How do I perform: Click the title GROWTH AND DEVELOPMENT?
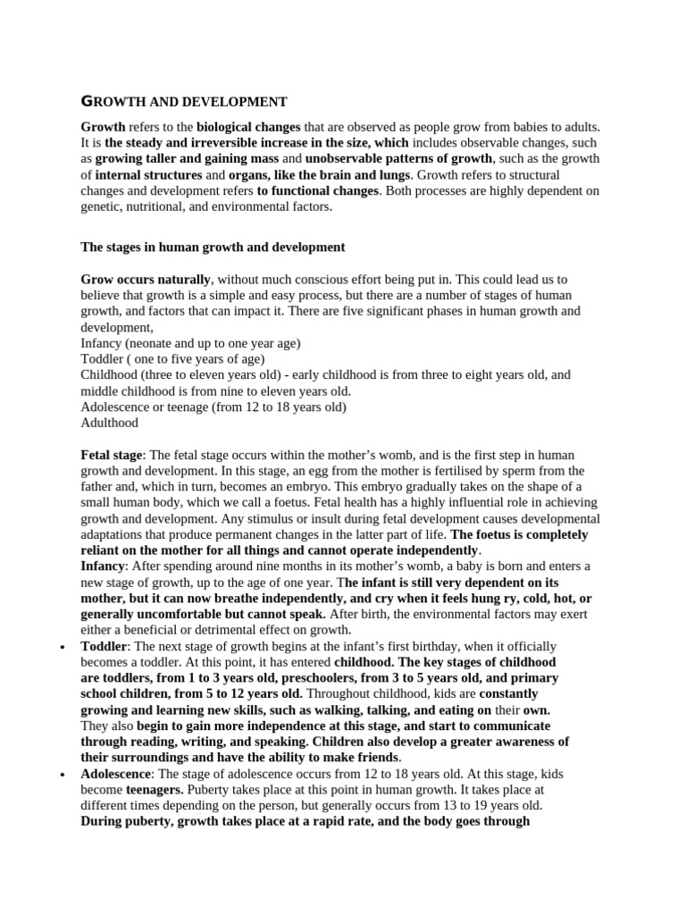pyautogui.click(x=184, y=102)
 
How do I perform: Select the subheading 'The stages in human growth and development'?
pyautogui.click(x=213, y=247)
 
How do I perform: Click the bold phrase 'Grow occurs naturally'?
pyautogui.click(x=146, y=279)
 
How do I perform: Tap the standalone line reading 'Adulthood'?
pyautogui.click(x=110, y=423)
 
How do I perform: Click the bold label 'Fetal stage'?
pyautogui.click(x=112, y=455)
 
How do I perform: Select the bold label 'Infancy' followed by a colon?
pyautogui.click(x=104, y=567)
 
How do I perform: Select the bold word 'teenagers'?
pyautogui.click(x=155, y=791)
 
